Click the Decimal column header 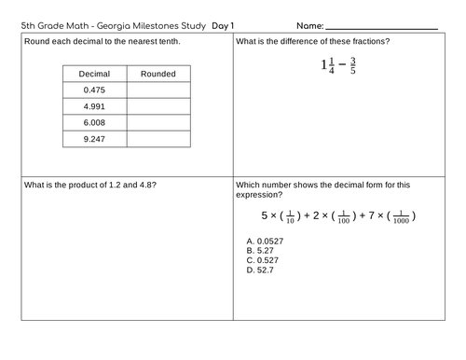point(94,74)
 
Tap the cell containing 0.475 point(94,90)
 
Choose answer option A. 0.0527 point(265,241)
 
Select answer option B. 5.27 point(259,250)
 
